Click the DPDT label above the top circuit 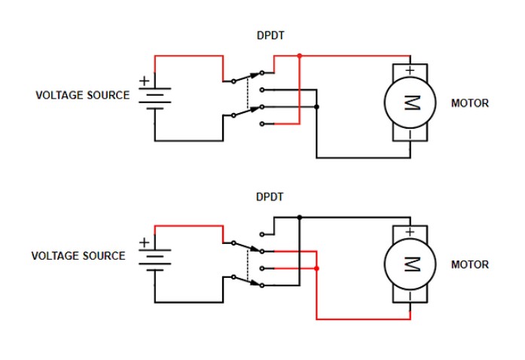[x=269, y=35]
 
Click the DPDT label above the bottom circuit [x=269, y=197]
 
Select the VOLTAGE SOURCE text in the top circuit [x=83, y=96]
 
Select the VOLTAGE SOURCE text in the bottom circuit [x=78, y=256]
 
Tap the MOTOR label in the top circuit [x=469, y=103]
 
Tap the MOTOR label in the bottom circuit [x=469, y=264]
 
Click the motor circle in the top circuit [x=411, y=102]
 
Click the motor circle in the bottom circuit [x=411, y=264]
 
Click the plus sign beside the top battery [x=144, y=81]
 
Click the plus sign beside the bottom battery [x=144, y=243]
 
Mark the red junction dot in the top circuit [x=300, y=55]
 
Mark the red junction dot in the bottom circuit [x=316, y=268]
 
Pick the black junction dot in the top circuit [x=316, y=107]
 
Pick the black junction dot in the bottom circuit [x=300, y=217]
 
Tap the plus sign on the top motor [x=410, y=71]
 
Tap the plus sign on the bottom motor [x=410, y=232]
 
